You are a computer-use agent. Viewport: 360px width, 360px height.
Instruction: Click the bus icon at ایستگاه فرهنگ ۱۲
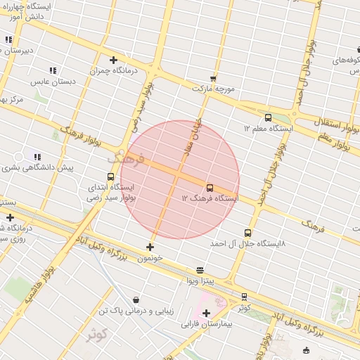(210, 187)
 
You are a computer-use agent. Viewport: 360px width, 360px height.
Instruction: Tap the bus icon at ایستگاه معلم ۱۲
(268, 117)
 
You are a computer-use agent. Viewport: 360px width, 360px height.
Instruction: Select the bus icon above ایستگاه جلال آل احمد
(247, 232)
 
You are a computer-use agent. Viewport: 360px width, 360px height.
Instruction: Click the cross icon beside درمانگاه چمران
(113, 60)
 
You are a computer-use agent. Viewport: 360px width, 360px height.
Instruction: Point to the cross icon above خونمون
(150, 247)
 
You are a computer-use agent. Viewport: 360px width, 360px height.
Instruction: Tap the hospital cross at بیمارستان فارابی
(206, 313)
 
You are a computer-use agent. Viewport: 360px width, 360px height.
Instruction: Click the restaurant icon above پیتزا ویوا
(200, 270)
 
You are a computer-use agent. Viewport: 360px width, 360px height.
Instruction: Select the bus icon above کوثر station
(244, 297)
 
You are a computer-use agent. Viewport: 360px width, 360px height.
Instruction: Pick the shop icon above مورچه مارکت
(213, 79)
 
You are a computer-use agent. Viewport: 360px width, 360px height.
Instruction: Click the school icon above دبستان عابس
(53, 70)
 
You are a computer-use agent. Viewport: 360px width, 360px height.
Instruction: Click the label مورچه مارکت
(213, 89)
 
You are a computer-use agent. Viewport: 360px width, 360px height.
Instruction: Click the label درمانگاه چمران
(115, 71)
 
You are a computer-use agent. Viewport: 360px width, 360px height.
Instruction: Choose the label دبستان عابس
(53, 82)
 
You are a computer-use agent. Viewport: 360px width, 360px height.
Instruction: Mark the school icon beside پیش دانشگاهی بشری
(37, 157)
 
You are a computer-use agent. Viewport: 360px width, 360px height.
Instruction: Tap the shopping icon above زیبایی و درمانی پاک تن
(135, 300)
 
